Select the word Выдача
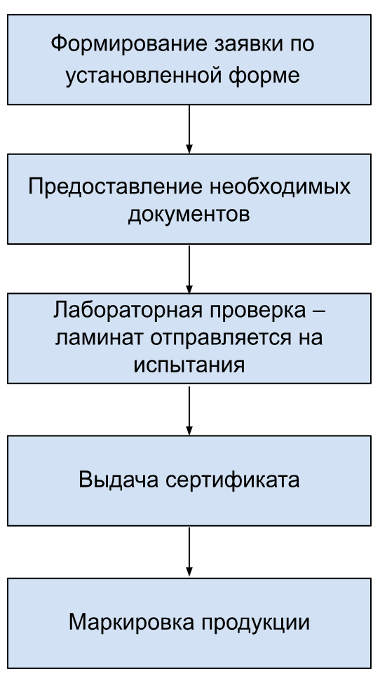click(118, 480)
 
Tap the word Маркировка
click(131, 622)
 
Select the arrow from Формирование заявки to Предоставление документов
click(189, 129)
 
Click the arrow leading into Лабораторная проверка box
click(189, 269)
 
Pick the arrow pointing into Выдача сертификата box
click(189, 410)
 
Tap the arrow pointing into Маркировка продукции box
click(189, 552)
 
